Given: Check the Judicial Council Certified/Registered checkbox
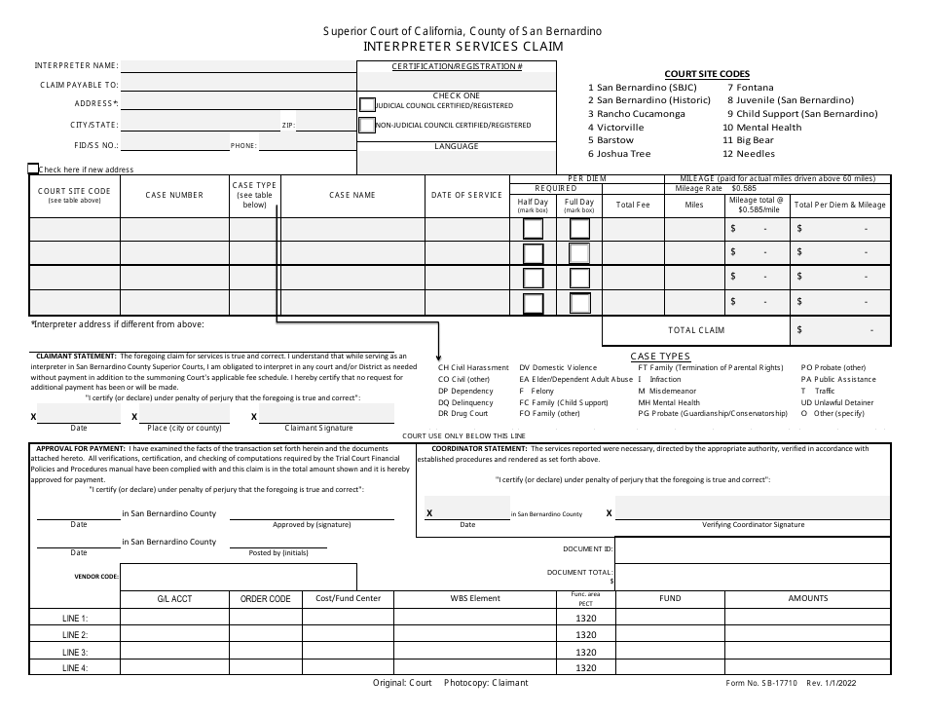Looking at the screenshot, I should [367, 105].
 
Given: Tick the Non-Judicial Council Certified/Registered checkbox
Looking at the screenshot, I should [367, 125].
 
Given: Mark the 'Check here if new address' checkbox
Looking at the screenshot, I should [34, 169].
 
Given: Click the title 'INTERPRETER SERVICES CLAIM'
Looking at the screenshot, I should [462, 46].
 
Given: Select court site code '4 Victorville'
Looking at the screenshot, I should [616, 128].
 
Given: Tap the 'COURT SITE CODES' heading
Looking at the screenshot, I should [707, 74].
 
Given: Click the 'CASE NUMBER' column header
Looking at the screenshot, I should [174, 195].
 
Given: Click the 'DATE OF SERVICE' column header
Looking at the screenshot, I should [466, 195].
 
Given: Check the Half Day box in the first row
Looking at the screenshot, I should [534, 229].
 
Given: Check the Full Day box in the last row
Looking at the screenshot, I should [579, 303].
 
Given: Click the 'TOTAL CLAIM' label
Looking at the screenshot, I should [696, 331].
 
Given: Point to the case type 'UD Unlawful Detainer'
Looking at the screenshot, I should [837, 402].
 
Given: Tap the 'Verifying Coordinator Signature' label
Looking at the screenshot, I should [753, 524].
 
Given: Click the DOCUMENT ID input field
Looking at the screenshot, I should [753, 551].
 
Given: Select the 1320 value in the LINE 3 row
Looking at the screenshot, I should [585, 652].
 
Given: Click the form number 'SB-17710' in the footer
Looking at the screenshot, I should [783, 684].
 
